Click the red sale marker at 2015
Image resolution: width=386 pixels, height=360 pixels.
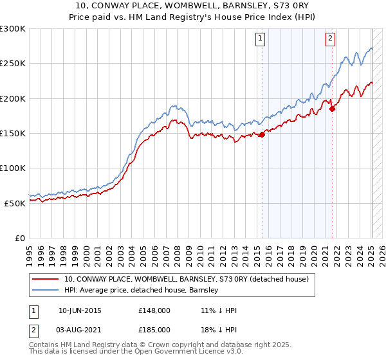(x=262, y=134)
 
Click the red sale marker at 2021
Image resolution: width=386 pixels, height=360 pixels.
(x=332, y=109)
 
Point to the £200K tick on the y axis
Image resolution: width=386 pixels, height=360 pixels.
(x=13, y=98)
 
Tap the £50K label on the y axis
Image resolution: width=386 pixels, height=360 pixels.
(x=15, y=203)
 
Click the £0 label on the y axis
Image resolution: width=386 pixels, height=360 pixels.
(x=19, y=238)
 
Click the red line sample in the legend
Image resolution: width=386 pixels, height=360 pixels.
(x=46, y=279)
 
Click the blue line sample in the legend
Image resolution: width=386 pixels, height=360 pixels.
(x=46, y=291)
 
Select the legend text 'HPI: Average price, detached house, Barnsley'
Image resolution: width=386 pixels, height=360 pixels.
(x=141, y=291)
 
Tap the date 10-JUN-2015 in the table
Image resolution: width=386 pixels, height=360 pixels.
(x=80, y=310)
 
